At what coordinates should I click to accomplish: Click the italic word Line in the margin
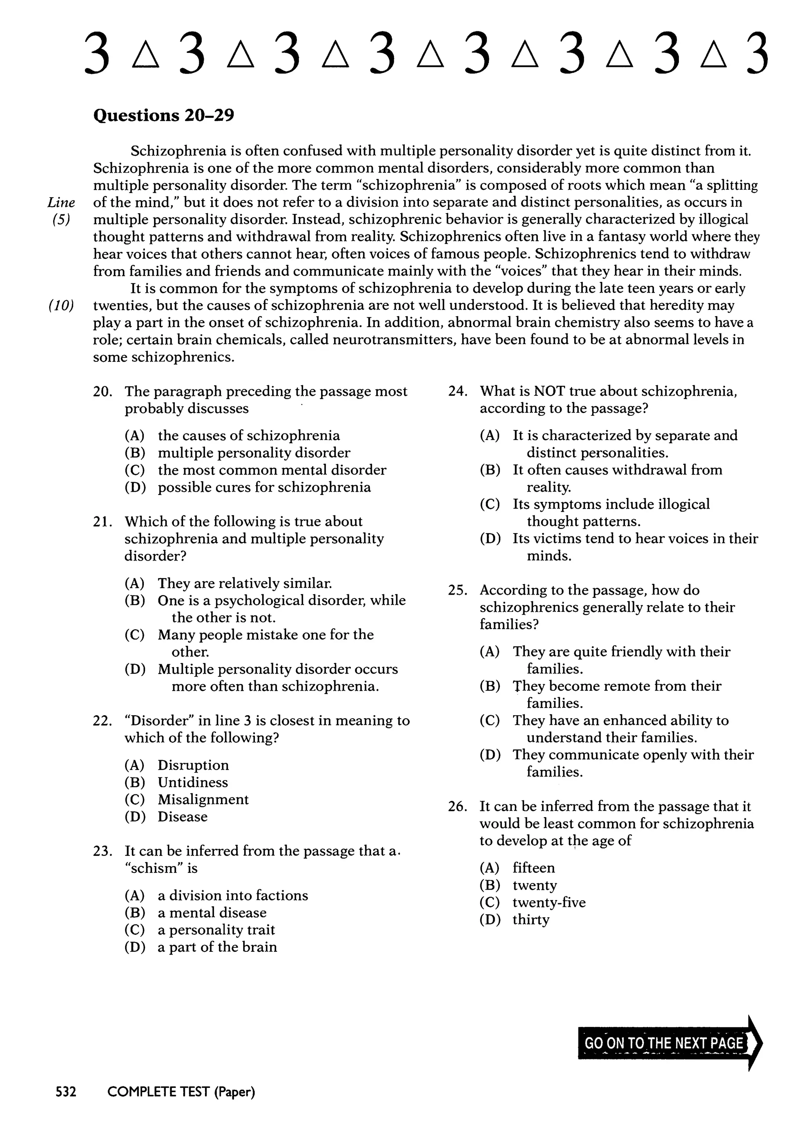(61, 202)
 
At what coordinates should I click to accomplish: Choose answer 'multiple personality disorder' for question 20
(253, 453)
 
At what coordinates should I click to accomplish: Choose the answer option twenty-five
(549, 902)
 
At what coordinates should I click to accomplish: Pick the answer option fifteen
(533, 868)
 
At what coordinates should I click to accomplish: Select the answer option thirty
(531, 920)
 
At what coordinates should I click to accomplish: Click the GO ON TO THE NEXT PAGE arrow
(669, 1043)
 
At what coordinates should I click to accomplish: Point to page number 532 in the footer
(66, 1092)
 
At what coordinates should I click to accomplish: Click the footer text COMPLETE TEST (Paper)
(181, 1092)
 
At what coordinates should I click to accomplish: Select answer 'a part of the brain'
(217, 947)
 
